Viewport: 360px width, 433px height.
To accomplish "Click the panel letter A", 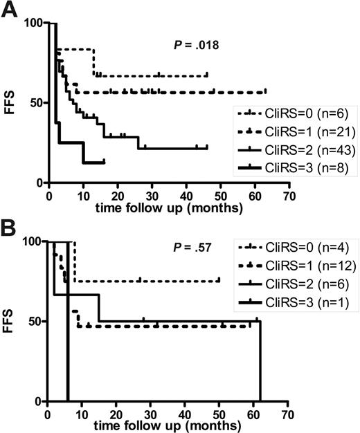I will click(x=11, y=10).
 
